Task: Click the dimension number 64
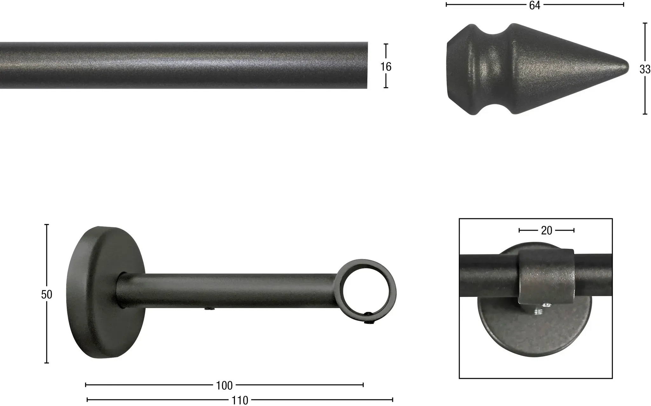[x=535, y=5]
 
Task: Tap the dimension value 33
[x=645, y=69]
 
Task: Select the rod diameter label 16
[x=386, y=66]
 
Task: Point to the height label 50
[x=46, y=295]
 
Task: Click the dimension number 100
[x=224, y=386]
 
